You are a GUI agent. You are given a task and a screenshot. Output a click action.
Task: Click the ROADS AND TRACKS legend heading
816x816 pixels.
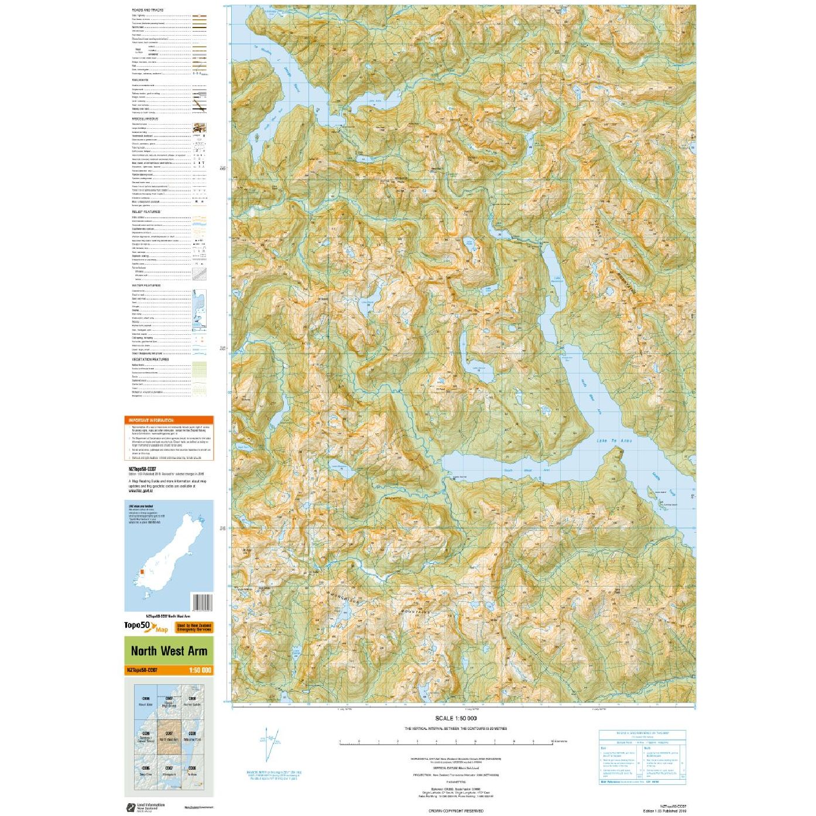(148, 10)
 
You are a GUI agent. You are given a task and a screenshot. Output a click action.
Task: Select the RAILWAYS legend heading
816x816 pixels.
(140, 80)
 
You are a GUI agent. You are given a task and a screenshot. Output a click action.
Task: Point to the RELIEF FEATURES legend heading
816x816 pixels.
(146, 212)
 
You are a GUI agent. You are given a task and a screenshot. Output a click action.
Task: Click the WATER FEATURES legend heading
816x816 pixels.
(146, 286)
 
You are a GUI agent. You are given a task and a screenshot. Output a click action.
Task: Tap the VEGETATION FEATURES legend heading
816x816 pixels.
(149, 359)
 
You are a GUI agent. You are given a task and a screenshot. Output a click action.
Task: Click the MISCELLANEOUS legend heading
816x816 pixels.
(145, 119)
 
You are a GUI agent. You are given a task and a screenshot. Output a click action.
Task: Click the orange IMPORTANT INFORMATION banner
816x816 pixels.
(169, 420)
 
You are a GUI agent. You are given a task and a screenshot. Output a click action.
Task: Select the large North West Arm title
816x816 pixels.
(169, 651)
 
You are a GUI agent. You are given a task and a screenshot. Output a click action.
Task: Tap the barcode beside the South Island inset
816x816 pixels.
(202, 602)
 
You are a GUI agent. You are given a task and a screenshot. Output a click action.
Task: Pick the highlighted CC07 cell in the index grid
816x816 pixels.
(169, 738)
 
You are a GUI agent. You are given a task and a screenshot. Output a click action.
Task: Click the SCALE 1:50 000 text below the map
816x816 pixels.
(455, 718)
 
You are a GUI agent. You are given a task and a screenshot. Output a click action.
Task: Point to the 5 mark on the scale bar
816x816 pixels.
(456, 741)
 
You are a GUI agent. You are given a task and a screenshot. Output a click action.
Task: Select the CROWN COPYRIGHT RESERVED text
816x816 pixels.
(456, 811)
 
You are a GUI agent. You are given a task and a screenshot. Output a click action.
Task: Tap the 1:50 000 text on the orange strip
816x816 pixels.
(200, 670)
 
